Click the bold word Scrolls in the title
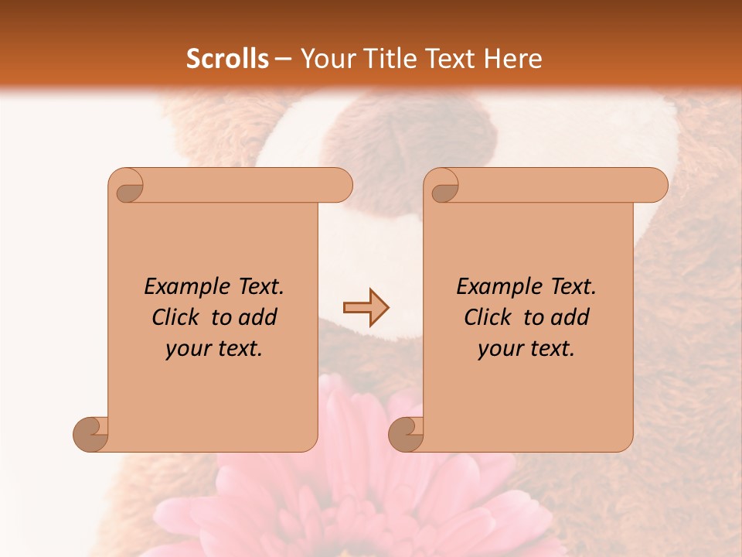point(227,59)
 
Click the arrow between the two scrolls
point(366,308)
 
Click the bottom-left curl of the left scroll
point(90,433)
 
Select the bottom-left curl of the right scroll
point(406,433)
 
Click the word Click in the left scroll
point(178,317)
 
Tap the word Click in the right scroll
point(490,317)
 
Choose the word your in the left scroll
point(185,350)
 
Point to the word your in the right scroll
point(498,350)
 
